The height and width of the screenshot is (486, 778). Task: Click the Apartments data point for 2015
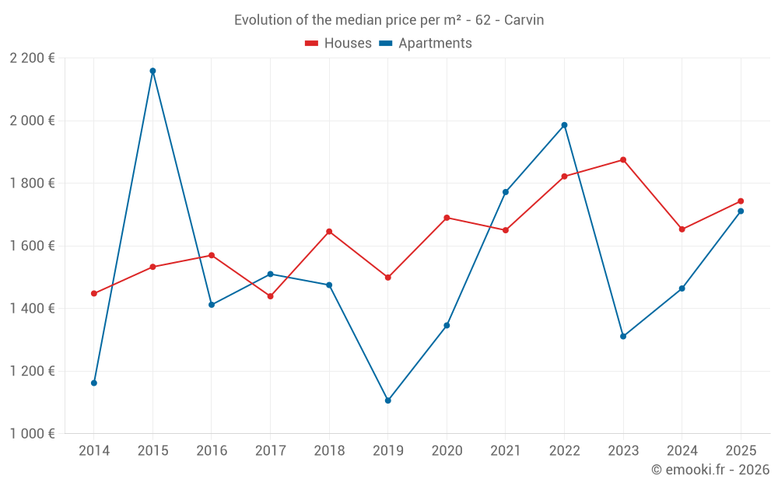click(152, 71)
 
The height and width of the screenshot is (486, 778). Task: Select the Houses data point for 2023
click(623, 160)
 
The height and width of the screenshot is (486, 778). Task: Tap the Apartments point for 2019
click(387, 400)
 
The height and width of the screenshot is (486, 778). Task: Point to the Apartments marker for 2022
click(564, 125)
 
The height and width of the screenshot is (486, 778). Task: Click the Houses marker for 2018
click(329, 232)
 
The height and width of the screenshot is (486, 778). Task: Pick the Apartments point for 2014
click(94, 383)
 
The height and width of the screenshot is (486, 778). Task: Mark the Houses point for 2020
click(447, 218)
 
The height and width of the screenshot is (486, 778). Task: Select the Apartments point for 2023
click(623, 337)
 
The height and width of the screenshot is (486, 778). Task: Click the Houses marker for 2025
click(741, 201)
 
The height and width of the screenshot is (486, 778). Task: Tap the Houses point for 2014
click(94, 293)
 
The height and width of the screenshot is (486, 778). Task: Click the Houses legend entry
click(338, 44)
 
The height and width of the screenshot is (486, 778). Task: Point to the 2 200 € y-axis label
click(32, 58)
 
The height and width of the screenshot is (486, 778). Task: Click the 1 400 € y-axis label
click(32, 309)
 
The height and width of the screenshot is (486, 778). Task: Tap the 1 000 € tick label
click(32, 434)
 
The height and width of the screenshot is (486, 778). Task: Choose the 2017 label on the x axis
click(270, 450)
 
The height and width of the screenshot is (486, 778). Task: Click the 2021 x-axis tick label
click(506, 450)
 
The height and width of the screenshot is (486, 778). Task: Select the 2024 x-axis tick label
click(682, 450)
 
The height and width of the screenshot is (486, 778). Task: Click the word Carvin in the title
click(524, 20)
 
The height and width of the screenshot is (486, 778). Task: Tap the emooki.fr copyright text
click(710, 470)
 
